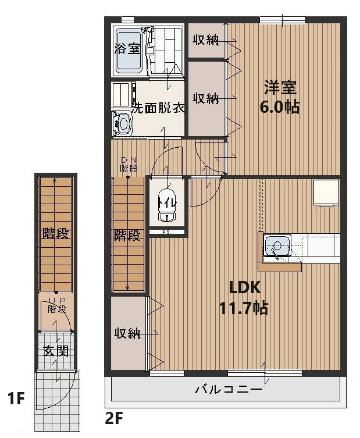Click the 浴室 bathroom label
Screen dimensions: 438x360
point(127,48)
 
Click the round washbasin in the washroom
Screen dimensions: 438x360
point(123,123)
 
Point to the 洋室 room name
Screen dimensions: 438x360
point(281,88)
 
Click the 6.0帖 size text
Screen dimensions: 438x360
point(281,106)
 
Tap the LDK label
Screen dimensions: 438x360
point(244,287)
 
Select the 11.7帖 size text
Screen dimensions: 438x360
point(244,308)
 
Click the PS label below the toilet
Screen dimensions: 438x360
point(166,232)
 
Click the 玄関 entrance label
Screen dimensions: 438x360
point(56,351)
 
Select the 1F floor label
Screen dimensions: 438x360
point(16,400)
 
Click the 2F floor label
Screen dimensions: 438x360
point(114,418)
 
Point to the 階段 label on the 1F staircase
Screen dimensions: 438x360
point(56,234)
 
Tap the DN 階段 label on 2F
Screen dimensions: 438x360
point(129,164)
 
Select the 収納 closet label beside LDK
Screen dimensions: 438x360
point(127,333)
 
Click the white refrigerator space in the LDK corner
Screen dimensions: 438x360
point(326,193)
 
